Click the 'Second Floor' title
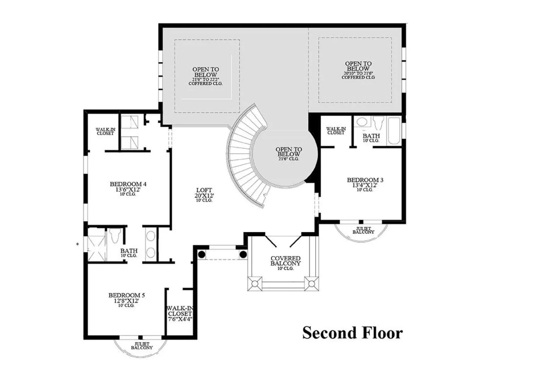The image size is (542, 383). tap(353, 333)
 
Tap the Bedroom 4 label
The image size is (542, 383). tap(128, 189)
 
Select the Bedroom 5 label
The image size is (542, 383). tap(127, 300)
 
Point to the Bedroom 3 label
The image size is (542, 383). tap(365, 184)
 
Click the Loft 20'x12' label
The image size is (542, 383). tap(204, 195)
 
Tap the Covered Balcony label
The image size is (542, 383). tap(286, 263)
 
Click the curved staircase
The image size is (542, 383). tap(247, 157)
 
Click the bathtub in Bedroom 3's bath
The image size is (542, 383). tap(394, 131)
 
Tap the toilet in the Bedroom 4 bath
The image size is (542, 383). tap(115, 235)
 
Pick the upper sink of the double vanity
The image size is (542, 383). tap(151, 236)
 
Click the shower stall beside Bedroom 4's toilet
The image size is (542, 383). tap(96, 249)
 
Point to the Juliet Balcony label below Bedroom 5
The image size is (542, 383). tap(142, 346)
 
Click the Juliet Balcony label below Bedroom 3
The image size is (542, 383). tap(364, 230)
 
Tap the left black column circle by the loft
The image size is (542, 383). tap(201, 255)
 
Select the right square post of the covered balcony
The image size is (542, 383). tap(312, 284)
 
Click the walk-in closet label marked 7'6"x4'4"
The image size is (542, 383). tap(180, 313)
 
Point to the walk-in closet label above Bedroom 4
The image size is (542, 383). tap(105, 131)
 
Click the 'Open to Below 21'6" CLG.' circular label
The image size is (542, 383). tap(289, 154)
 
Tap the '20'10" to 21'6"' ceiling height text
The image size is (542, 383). tap(358, 73)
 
